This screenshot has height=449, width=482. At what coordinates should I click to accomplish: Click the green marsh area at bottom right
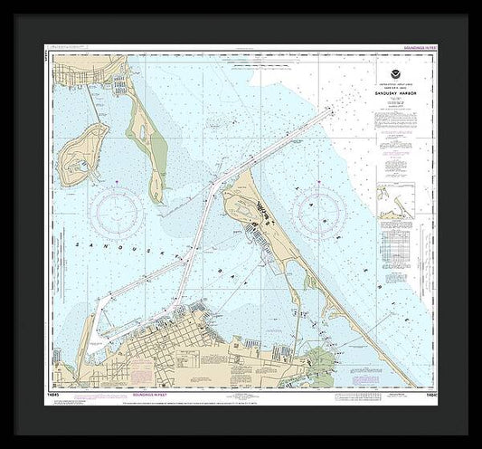317,358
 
